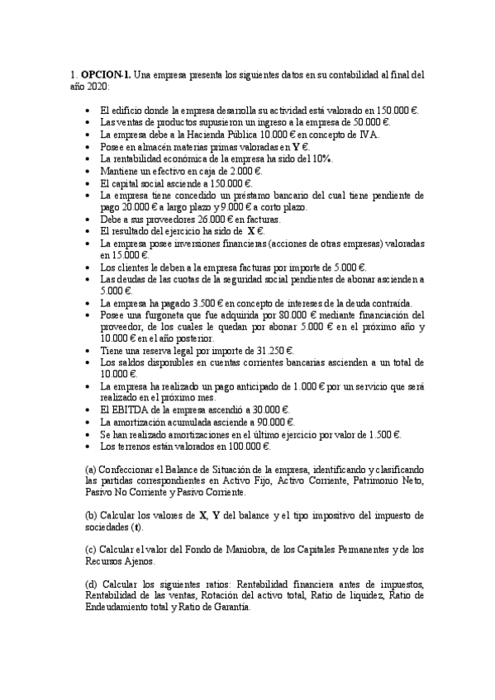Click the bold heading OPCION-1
pyautogui.click(x=106, y=73)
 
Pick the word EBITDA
pyautogui.click(x=125, y=410)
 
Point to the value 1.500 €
pyautogui.click(x=382, y=434)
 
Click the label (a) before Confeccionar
pyautogui.click(x=91, y=469)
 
